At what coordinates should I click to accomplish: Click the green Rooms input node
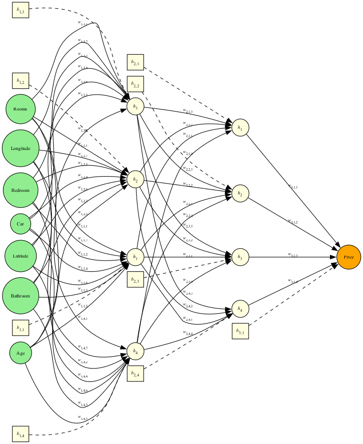click(20, 109)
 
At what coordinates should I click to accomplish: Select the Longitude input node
click(20, 148)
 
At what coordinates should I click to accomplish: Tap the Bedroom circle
click(20, 190)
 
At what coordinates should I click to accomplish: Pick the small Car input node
click(20, 224)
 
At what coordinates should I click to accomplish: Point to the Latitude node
click(20, 256)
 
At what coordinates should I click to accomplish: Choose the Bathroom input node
click(20, 296)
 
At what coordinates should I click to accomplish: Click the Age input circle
click(20, 353)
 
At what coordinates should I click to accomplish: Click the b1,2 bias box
click(20, 81)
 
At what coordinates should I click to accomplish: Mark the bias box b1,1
click(20, 327)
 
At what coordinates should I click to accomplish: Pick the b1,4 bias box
click(20, 435)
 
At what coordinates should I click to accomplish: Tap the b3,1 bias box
click(241, 331)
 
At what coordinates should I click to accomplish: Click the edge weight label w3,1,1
click(294, 186)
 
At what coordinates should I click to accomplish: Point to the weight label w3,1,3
click(294, 255)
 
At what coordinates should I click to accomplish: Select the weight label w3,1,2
click(294, 222)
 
